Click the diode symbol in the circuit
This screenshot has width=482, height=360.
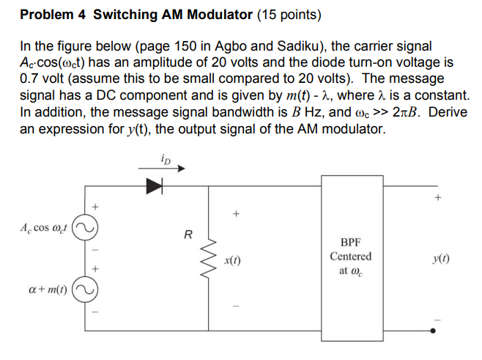(x=154, y=186)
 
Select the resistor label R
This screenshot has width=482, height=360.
(x=188, y=236)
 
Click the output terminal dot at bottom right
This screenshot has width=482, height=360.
(x=437, y=330)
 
